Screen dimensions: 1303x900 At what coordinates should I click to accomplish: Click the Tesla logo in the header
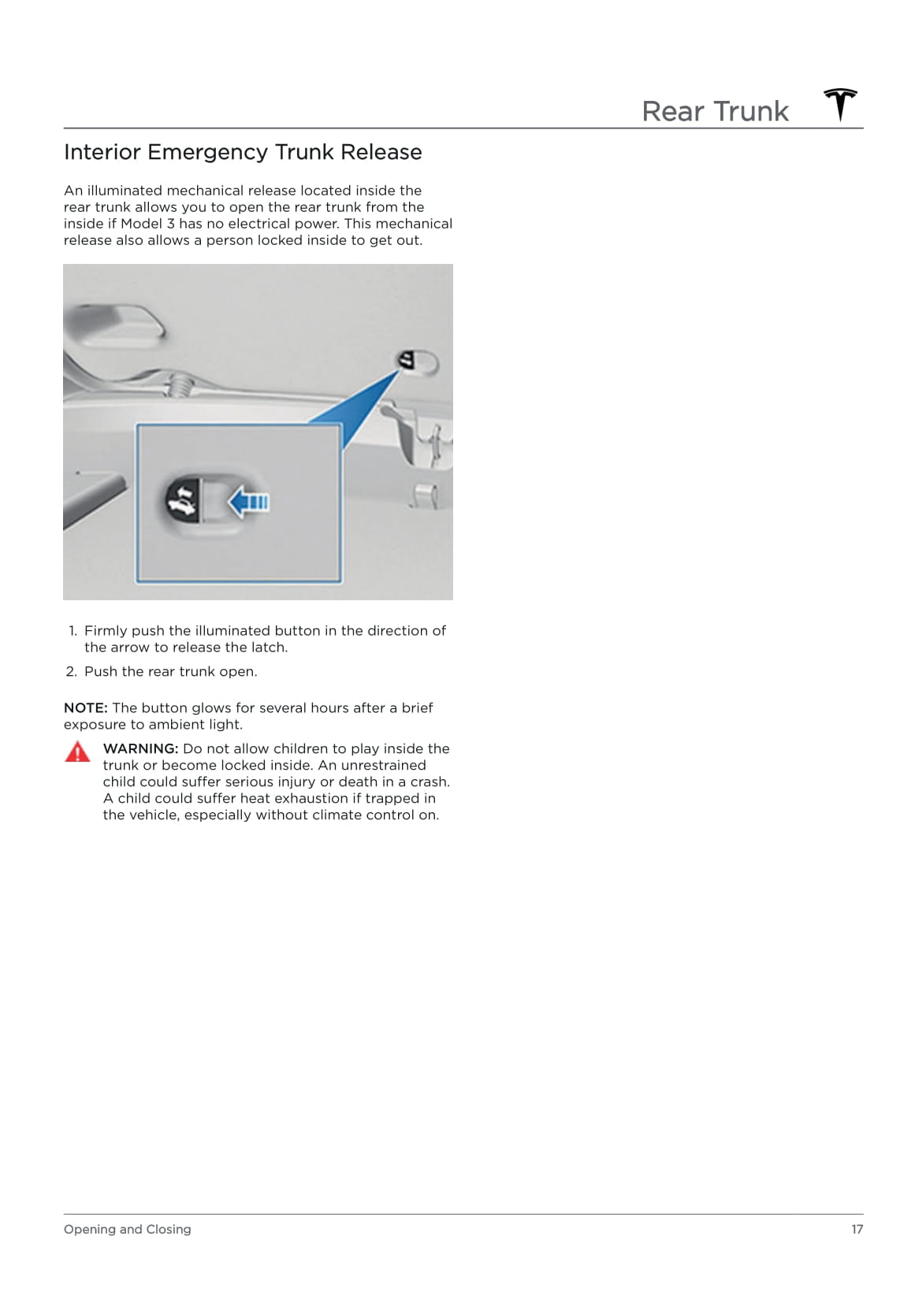pyautogui.click(x=840, y=105)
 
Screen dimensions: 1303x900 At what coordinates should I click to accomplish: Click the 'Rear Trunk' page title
pyautogui.click(x=715, y=111)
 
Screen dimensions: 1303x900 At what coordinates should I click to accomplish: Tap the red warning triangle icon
pyautogui.click(x=77, y=752)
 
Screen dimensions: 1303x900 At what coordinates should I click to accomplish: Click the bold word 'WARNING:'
pyautogui.click(x=140, y=748)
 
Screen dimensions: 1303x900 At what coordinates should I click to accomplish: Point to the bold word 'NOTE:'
pyautogui.click(x=85, y=707)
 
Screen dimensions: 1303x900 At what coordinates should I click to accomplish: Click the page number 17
pyautogui.click(x=857, y=1229)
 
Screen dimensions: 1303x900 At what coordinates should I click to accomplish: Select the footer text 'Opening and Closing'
pyautogui.click(x=127, y=1229)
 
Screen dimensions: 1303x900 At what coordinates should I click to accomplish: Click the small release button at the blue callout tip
pyautogui.click(x=407, y=362)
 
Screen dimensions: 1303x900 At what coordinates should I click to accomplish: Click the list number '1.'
pyautogui.click(x=73, y=631)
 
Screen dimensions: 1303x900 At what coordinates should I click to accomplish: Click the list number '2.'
pyautogui.click(x=72, y=672)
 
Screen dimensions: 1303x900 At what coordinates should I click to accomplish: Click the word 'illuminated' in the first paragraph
pyautogui.click(x=124, y=191)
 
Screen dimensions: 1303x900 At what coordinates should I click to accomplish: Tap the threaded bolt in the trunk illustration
pyautogui.click(x=179, y=385)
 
